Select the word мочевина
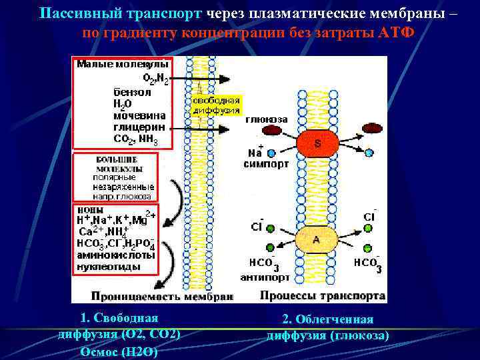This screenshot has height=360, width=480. point(135,115)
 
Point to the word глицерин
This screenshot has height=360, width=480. point(135,127)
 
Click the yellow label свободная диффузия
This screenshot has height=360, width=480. point(216,105)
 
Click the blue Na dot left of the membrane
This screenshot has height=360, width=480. point(271,153)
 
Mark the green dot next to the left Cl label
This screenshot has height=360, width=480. point(271,228)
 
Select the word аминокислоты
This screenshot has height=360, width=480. point(116,255)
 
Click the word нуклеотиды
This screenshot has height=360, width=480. point(109,266)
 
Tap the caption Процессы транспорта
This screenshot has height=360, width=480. point(323,295)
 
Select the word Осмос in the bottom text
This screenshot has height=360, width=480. point(98,351)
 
